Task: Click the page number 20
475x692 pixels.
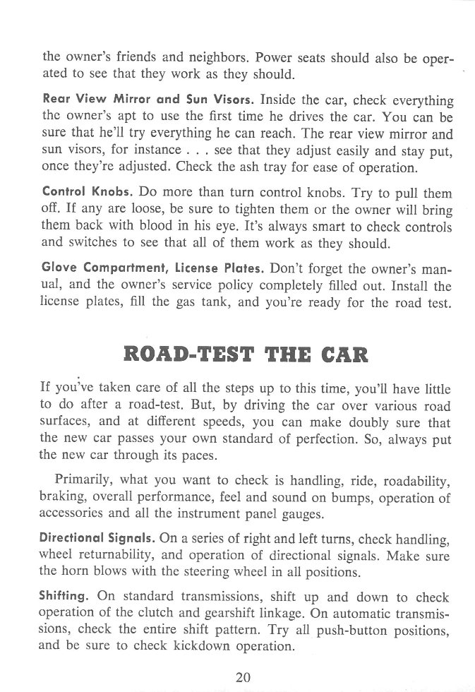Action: click(x=243, y=676)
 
